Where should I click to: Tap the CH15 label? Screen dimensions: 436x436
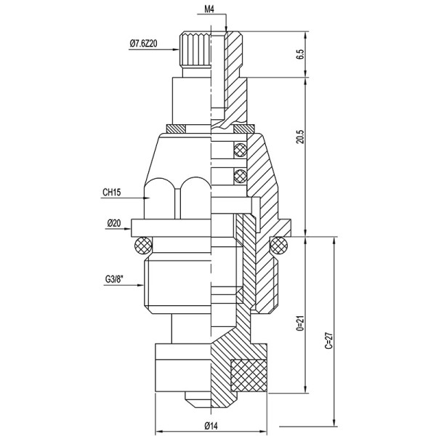(x=113, y=194)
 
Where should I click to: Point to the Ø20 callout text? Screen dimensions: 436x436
(x=113, y=223)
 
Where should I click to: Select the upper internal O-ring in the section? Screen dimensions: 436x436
(x=239, y=150)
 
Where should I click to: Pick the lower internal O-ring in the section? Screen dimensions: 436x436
(x=239, y=174)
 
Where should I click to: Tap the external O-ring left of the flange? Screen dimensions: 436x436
(x=142, y=245)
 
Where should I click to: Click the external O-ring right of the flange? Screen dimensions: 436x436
(x=280, y=245)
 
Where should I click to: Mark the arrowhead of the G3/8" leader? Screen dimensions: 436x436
(x=142, y=285)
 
